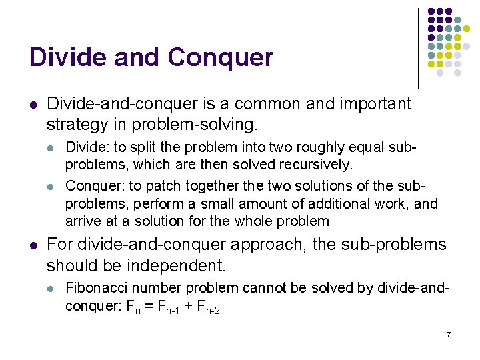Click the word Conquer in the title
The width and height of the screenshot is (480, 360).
point(221,58)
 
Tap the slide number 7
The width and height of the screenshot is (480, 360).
point(449,333)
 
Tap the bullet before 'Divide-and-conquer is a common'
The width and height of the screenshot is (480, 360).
point(33,105)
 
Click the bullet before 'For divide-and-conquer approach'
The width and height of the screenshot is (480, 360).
point(33,245)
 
